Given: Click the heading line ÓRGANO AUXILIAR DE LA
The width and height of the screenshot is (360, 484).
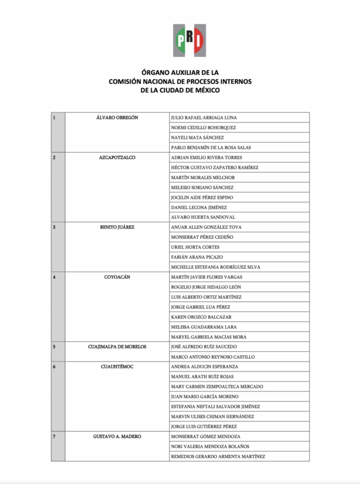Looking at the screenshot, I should (x=180, y=73).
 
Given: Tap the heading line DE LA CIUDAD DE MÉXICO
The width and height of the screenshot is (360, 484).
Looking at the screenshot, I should (x=180, y=90).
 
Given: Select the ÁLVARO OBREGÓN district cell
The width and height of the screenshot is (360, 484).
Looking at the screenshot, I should (x=117, y=118).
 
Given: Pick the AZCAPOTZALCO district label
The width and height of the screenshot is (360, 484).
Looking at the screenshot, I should (x=117, y=157).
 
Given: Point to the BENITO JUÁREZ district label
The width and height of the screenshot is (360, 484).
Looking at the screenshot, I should (x=117, y=227).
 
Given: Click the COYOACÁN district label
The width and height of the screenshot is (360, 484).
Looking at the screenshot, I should (x=117, y=277).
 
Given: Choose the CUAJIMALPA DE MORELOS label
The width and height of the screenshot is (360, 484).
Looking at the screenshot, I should (x=117, y=346).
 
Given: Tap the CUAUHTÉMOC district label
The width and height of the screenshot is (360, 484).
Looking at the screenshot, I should (x=117, y=367).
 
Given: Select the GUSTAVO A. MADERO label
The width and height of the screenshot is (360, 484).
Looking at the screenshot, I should (x=117, y=436).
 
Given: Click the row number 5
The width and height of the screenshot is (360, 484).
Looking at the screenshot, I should (x=54, y=346).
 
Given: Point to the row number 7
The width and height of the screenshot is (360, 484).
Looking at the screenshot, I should (x=54, y=436).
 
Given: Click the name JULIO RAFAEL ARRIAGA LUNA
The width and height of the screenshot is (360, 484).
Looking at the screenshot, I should (x=204, y=118).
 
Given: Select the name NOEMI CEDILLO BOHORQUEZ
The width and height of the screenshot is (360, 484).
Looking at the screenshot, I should (x=203, y=128).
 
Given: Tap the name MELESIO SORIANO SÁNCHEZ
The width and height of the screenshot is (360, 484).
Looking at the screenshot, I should (x=202, y=188).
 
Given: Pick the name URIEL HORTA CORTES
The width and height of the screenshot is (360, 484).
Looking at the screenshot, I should (x=195, y=247).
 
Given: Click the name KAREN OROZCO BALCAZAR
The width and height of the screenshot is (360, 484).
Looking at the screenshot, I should (x=201, y=317).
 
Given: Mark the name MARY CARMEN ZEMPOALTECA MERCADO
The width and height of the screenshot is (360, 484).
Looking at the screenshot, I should (x=217, y=387).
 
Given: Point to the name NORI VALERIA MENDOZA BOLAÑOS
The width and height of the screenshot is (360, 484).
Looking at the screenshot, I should (x=210, y=446).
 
